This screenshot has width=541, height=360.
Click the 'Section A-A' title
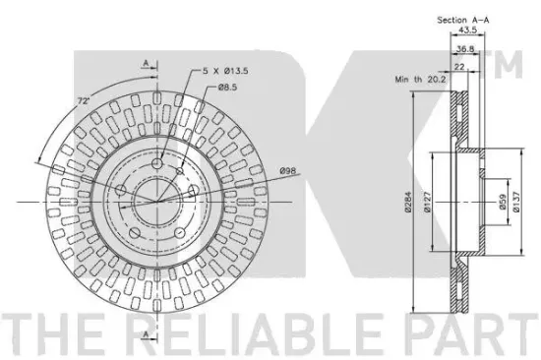[463, 20]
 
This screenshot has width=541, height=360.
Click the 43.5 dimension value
[467, 30]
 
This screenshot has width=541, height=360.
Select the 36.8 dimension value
[465, 49]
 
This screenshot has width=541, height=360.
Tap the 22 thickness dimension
[460, 66]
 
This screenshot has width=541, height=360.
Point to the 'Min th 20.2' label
[420, 80]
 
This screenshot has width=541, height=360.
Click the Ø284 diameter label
[408, 202]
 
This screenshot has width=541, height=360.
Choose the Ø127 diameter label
[428, 202]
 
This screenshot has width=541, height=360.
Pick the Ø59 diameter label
[503, 202]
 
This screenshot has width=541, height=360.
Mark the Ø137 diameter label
[516, 202]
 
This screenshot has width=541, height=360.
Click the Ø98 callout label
[288, 170]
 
